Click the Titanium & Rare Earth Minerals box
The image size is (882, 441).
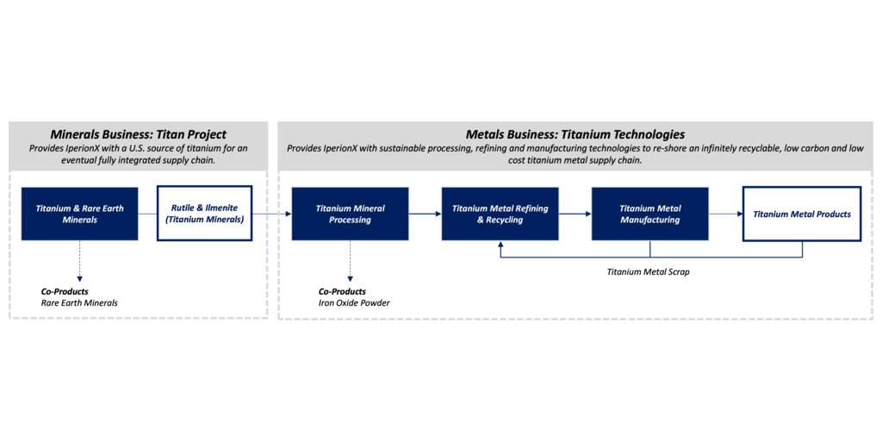(80, 214)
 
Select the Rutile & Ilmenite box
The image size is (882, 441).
(204, 214)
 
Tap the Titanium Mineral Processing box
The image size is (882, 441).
(350, 214)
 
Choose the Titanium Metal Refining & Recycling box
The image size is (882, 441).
(500, 214)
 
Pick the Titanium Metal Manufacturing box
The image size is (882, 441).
(649, 214)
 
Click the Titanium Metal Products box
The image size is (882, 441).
(802, 214)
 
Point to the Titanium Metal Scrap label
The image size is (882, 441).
(648, 271)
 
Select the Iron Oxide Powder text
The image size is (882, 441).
(354, 303)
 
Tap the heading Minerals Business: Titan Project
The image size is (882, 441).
(139, 135)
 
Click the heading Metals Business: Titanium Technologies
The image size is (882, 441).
(575, 135)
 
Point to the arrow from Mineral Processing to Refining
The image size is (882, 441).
(425, 214)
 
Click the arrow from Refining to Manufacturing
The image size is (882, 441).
(575, 214)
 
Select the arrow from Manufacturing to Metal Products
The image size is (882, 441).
(725, 214)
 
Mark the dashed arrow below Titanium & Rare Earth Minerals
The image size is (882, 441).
(79, 261)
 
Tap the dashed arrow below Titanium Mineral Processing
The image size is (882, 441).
(350, 261)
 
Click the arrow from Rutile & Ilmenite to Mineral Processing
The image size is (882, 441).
(271, 214)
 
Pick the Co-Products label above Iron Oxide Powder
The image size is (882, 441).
(342, 292)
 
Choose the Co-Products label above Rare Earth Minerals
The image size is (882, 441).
(65, 292)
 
